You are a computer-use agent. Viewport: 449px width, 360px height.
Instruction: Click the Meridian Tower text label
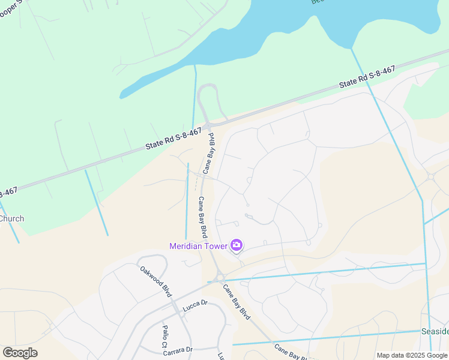click(x=198, y=245)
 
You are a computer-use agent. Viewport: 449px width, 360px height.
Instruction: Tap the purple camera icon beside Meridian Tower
click(x=237, y=245)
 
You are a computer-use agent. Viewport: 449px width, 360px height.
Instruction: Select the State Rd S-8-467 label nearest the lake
click(x=367, y=77)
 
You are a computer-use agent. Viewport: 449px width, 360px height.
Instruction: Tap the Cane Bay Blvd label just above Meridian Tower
click(x=203, y=217)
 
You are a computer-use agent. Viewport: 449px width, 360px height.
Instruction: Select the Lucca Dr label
click(x=194, y=303)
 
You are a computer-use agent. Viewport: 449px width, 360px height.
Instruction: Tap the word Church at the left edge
click(x=11, y=218)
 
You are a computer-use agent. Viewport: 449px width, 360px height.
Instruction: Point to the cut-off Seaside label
click(x=437, y=332)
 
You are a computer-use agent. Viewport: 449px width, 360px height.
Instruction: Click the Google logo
click(x=20, y=353)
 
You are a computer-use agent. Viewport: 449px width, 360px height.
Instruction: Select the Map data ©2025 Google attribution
click(x=412, y=355)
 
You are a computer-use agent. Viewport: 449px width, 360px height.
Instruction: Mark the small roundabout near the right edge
click(x=430, y=177)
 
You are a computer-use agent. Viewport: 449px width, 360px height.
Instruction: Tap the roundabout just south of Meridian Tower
click(x=220, y=277)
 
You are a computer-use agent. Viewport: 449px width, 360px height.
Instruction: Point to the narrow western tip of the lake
click(x=122, y=95)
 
